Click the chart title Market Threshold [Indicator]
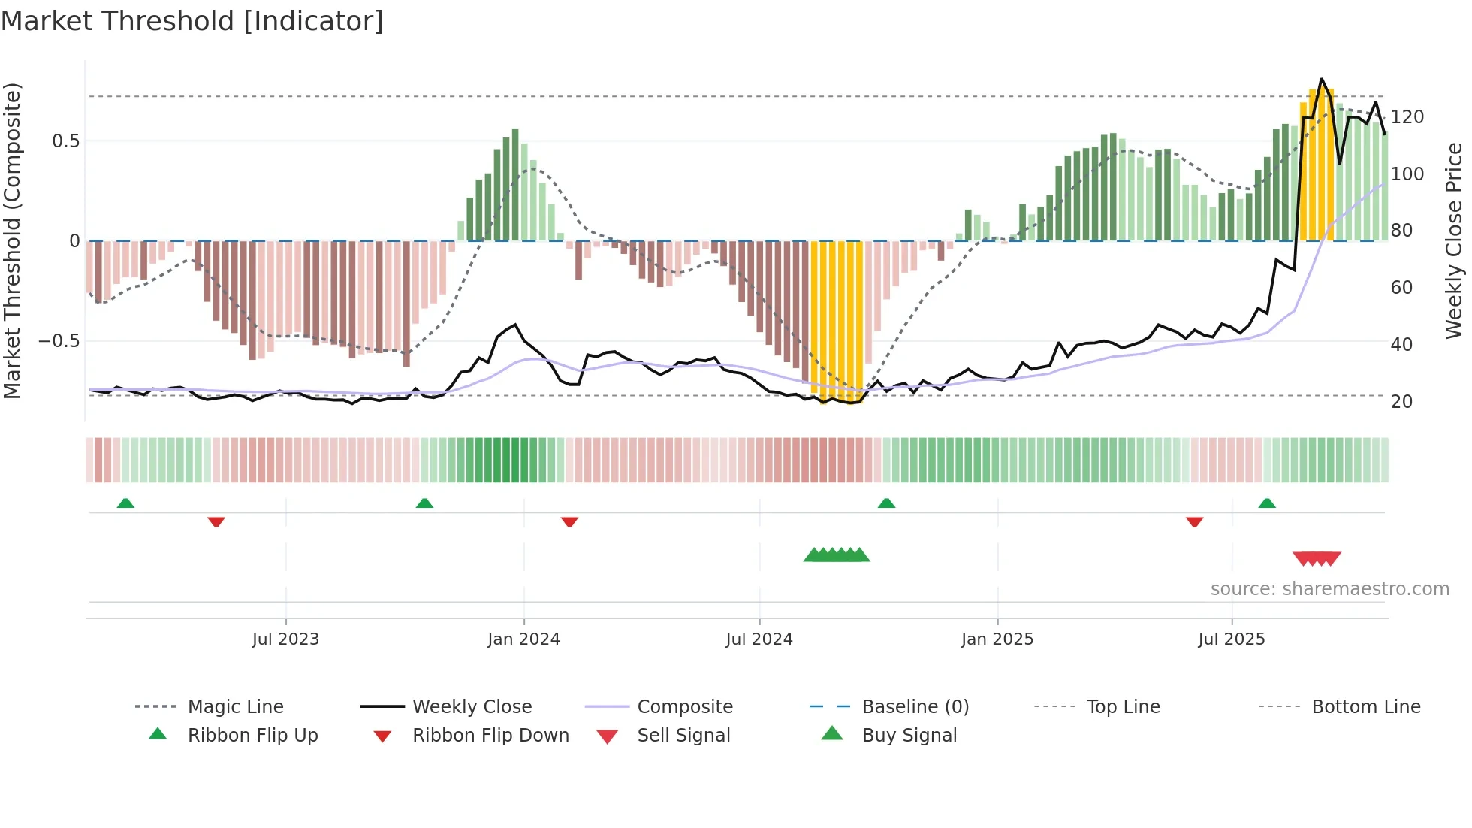192,21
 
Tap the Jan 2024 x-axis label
523,639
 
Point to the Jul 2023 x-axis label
285,639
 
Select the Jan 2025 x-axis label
997,639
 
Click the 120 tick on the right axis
1407,117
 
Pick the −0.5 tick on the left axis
59,341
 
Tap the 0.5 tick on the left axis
65,141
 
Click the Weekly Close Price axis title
1454,240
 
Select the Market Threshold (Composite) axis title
12,240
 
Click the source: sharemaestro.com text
1329,589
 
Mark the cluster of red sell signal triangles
1317,558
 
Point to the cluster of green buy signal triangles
837,555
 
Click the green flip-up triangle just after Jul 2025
1267,503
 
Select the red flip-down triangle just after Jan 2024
569,521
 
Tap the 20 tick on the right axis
1401,402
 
